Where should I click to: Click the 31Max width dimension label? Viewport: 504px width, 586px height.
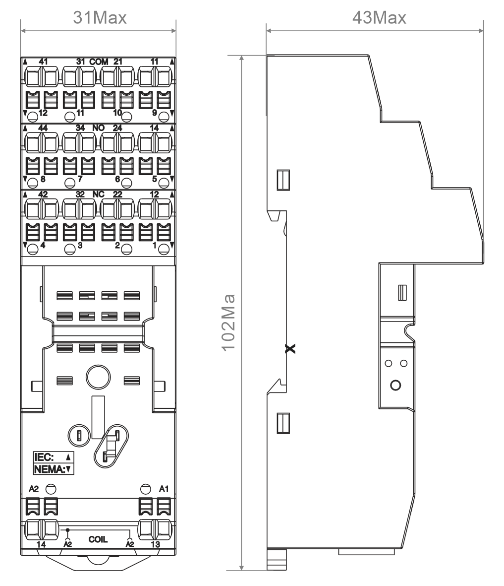point(100,17)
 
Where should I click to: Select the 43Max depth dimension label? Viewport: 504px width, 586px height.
point(379,17)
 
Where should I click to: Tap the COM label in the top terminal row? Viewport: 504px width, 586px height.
point(99,62)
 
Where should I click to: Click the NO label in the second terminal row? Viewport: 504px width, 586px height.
point(99,128)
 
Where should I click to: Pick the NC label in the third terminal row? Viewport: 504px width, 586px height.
point(98,195)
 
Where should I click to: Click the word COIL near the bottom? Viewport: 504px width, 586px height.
point(98,539)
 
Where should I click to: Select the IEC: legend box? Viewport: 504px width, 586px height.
point(54,457)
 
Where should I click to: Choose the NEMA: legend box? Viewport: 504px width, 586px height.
point(54,469)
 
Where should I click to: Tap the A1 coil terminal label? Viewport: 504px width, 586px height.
point(164,489)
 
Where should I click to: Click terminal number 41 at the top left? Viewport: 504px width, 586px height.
point(43,62)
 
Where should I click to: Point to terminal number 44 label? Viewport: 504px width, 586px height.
point(43,128)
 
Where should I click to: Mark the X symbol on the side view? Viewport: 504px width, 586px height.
point(290,349)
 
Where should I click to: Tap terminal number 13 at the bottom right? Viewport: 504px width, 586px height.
point(155,544)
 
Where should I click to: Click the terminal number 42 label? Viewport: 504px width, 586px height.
point(43,195)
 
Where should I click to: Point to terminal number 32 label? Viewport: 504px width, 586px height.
point(80,195)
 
